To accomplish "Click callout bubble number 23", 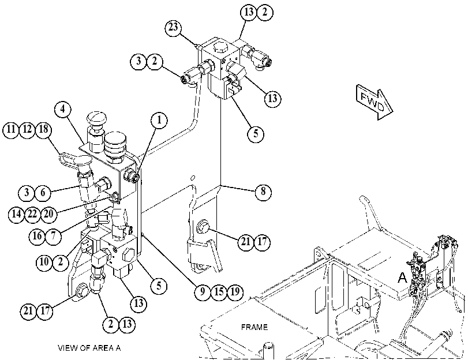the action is (x=174, y=28).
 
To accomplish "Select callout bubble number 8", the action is (x=263, y=192).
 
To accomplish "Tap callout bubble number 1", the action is (x=159, y=121).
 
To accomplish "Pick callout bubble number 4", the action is (x=63, y=109).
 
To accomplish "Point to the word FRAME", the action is (x=254, y=328).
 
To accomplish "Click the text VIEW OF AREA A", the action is (x=89, y=348).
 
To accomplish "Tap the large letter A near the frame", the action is (x=402, y=278).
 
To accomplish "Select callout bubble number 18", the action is (x=43, y=130).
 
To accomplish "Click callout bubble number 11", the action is (x=11, y=130).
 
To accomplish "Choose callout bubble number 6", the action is (x=43, y=193).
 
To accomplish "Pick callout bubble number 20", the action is (x=48, y=214).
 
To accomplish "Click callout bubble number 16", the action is (x=38, y=236).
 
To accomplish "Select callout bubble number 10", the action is (x=44, y=262).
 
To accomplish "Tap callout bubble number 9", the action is (x=203, y=292).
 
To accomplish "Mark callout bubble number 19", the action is (x=235, y=292).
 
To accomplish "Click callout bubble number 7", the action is (x=54, y=236).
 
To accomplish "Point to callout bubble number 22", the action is (x=32, y=214).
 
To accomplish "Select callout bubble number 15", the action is (x=219, y=292).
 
